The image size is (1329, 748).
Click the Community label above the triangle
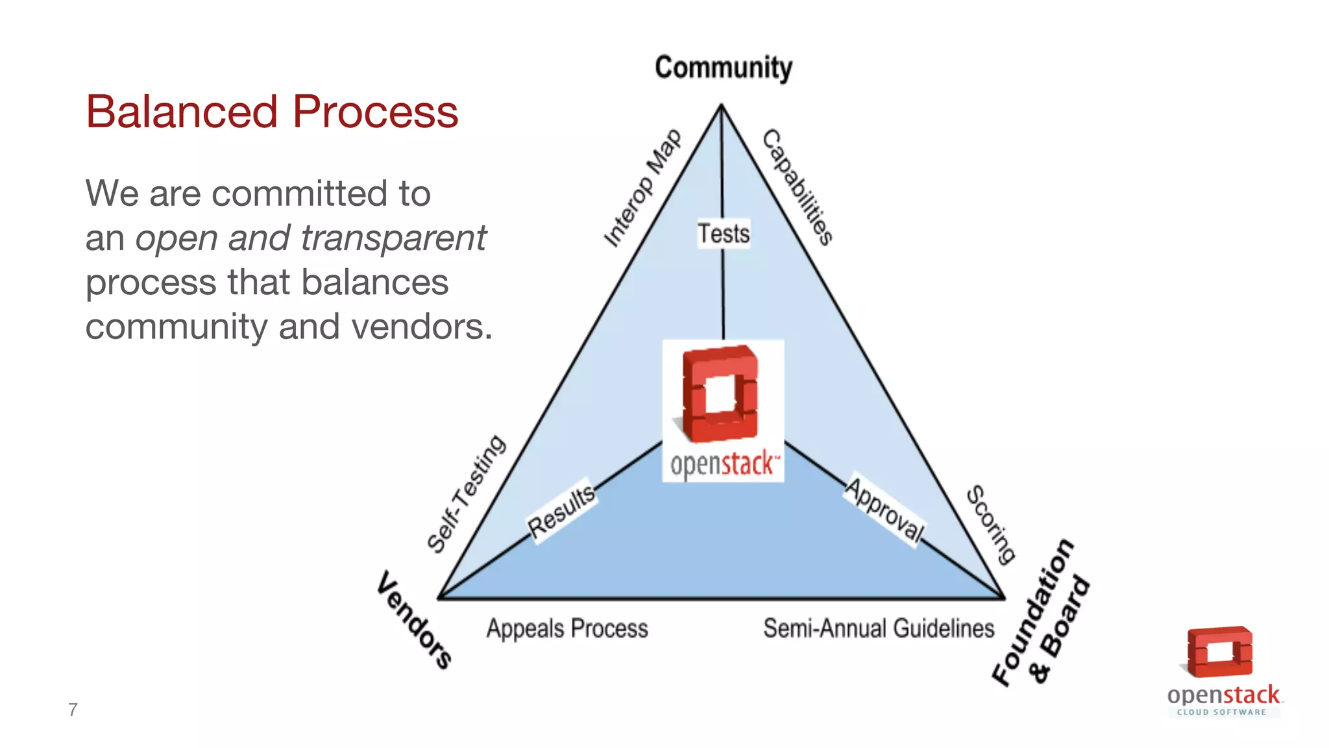pos(723,68)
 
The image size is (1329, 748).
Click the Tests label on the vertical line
pos(724,234)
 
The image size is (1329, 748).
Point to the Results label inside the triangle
pos(561,512)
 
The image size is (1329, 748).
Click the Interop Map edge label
pos(642,188)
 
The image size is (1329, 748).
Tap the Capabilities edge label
pos(798,187)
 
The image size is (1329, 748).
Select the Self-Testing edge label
pos(466,493)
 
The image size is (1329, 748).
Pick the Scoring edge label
pos(991,524)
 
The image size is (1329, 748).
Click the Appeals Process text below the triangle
pos(567,629)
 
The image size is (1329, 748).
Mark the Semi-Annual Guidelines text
pos(879,629)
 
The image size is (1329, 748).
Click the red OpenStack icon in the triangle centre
pos(720,393)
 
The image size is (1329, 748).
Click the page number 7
pos(73,710)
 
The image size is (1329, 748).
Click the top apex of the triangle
pos(721,105)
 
